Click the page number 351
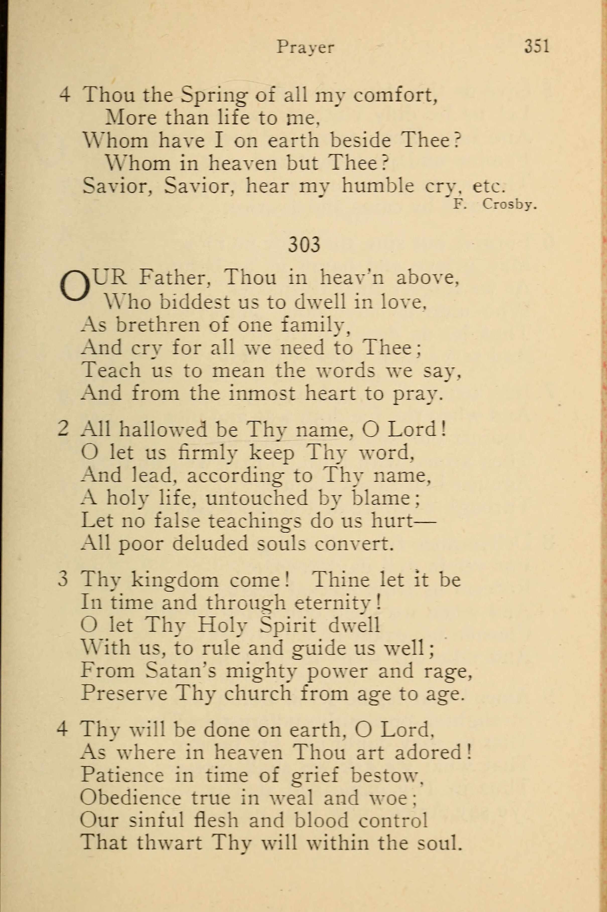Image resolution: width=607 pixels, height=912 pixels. [x=536, y=46]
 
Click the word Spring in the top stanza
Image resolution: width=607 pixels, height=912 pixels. [x=214, y=95]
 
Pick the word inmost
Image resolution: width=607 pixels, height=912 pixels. [x=262, y=393]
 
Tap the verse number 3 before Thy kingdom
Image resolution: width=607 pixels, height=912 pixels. [x=63, y=580]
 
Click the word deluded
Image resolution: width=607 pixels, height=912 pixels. [x=210, y=543]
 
